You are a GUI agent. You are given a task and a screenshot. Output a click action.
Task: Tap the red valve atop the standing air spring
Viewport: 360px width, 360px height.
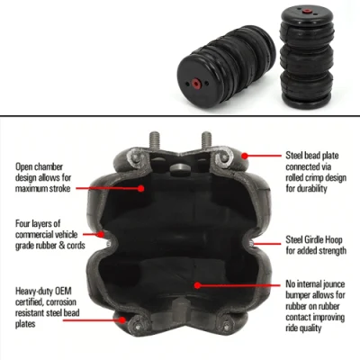click(306, 12)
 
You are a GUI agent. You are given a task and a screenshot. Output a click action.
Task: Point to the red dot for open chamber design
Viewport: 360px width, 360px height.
click(140, 188)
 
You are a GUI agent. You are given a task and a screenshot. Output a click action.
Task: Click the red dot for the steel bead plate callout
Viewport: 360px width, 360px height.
click(245, 156)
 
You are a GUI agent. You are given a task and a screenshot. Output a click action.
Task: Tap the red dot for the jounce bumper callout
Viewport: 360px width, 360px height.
click(197, 285)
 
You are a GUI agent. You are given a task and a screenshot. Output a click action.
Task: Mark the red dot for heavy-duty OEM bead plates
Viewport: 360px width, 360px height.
click(121, 319)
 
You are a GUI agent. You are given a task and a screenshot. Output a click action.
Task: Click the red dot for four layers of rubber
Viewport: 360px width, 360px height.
click(101, 234)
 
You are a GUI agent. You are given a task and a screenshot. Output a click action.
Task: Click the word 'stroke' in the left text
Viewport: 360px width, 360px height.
click(58, 189)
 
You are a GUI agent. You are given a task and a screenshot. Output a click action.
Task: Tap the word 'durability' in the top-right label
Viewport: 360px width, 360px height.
click(311, 189)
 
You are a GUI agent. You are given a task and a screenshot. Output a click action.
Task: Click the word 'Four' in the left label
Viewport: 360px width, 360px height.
click(23, 223)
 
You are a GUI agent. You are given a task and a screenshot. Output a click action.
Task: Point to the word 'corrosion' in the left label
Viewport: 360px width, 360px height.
click(60, 301)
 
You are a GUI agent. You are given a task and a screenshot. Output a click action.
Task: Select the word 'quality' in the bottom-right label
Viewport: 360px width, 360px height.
click(311, 328)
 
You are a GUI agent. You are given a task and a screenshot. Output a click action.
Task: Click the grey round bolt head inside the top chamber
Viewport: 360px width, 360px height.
click(180, 170)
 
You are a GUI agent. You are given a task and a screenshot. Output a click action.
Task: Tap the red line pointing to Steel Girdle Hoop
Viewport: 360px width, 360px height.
click(268, 243)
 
